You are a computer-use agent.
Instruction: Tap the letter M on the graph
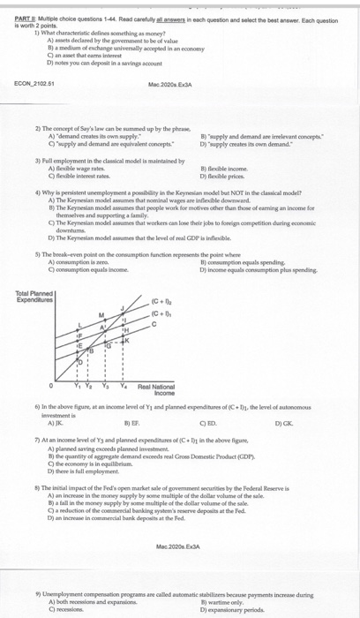click(x=101, y=290)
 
